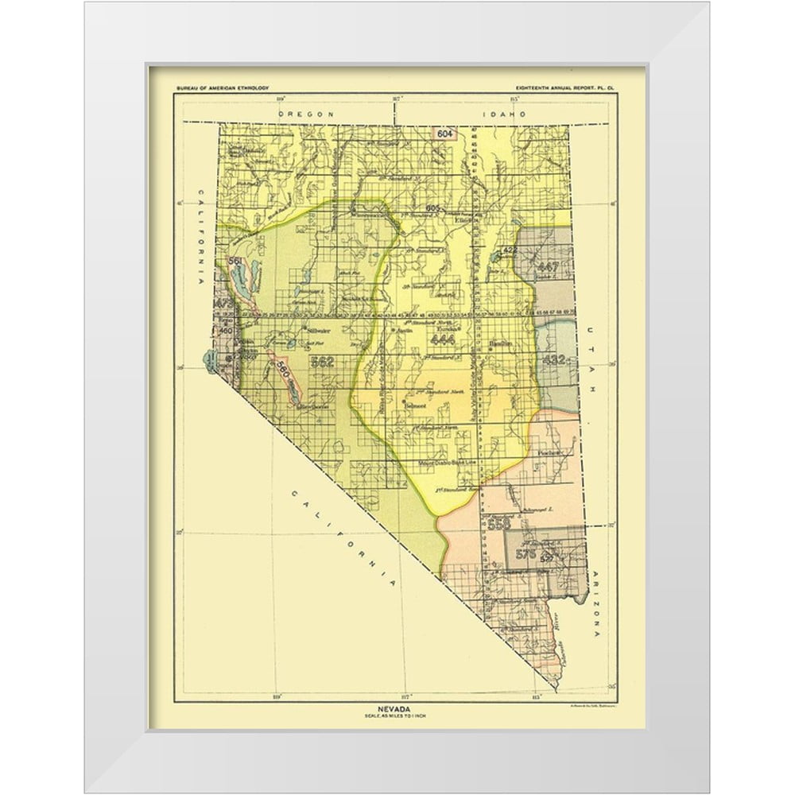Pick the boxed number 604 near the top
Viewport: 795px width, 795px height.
pos(445,134)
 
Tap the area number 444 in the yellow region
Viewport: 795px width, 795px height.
pos(442,339)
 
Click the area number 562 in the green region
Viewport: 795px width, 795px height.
pos(322,362)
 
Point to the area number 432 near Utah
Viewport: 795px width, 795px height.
pos(553,360)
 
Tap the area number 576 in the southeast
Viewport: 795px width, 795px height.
pos(525,553)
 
